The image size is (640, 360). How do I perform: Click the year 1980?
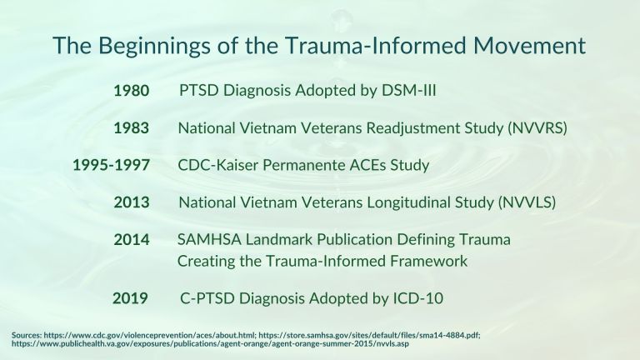(x=132, y=91)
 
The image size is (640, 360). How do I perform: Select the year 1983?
(x=132, y=128)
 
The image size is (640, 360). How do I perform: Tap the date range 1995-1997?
(x=111, y=165)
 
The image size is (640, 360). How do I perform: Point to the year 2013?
(x=132, y=202)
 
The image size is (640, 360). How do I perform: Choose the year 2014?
(x=132, y=240)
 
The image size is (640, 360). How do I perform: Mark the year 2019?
(x=130, y=298)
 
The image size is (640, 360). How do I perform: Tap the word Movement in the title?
(x=529, y=45)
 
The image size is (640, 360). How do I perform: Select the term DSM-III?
(x=408, y=90)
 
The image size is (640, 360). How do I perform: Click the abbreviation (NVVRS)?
(x=537, y=128)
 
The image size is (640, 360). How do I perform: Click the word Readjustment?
(x=413, y=128)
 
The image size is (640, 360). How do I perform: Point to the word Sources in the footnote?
(x=27, y=336)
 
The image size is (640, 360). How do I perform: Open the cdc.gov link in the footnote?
(x=150, y=336)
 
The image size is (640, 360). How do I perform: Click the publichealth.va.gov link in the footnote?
(x=210, y=343)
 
